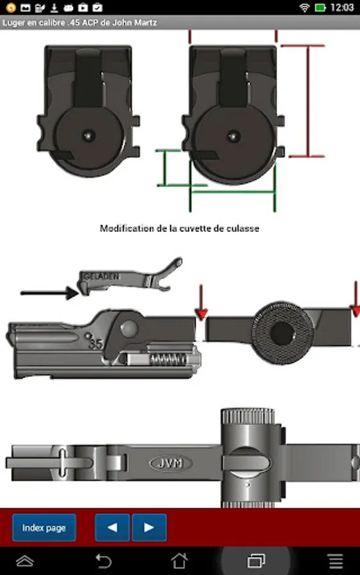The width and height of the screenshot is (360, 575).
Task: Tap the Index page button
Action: click(44, 528)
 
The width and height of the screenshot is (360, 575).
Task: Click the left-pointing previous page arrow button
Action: click(113, 528)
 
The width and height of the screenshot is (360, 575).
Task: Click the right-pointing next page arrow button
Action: click(149, 528)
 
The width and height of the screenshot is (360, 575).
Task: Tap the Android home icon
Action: click(180, 561)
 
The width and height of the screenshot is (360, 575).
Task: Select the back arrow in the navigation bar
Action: click(103, 561)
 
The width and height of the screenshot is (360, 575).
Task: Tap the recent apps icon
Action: click(256, 561)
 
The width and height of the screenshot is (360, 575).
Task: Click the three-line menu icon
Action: click(336, 561)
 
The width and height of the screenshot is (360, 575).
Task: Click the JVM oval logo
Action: click(171, 464)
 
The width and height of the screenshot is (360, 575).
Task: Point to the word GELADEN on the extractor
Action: click(101, 277)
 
